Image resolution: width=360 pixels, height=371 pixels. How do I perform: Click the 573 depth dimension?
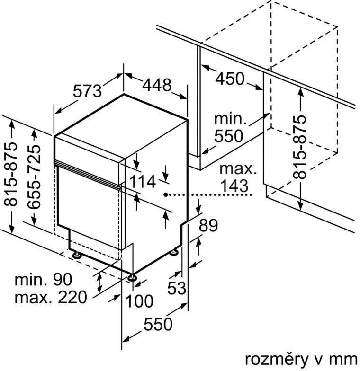[87, 91]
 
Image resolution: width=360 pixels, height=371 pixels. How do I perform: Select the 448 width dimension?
[157, 85]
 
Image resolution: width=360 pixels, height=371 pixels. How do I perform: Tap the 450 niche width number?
[229, 79]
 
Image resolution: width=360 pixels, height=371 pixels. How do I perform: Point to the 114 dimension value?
[143, 182]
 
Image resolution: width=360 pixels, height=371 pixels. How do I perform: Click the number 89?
[208, 225]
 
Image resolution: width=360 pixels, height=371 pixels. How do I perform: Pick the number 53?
[177, 288]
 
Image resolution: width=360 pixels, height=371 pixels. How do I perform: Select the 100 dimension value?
[139, 301]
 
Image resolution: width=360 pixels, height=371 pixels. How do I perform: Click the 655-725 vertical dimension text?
[34, 177]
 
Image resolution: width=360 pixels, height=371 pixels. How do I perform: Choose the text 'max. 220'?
[51, 297]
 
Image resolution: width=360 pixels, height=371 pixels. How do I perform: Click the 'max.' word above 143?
[238, 168]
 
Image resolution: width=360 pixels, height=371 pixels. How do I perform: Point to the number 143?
[234, 185]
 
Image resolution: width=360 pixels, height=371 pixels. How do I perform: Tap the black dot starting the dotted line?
[166, 194]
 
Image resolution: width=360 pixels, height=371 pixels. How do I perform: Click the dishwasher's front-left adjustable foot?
[77, 255]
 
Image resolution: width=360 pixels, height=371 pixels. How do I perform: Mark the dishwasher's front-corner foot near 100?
[131, 277]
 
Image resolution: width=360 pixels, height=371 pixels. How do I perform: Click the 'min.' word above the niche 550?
[231, 119]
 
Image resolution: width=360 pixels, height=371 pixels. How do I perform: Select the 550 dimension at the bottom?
[158, 324]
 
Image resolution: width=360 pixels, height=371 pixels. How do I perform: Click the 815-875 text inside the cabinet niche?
[299, 147]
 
